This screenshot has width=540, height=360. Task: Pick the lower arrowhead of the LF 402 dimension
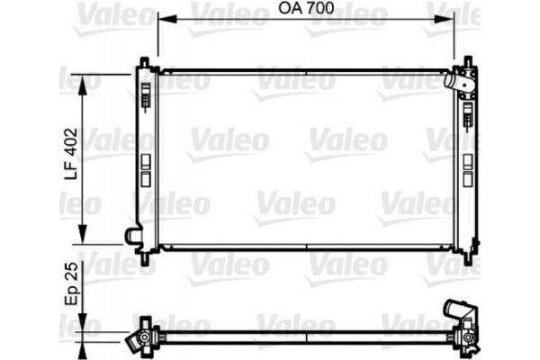[x=85, y=240]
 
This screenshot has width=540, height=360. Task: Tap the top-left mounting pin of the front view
[x=144, y=62]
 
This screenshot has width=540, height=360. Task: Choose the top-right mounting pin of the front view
[x=467, y=62]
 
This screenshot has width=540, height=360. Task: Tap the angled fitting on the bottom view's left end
[x=136, y=340]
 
